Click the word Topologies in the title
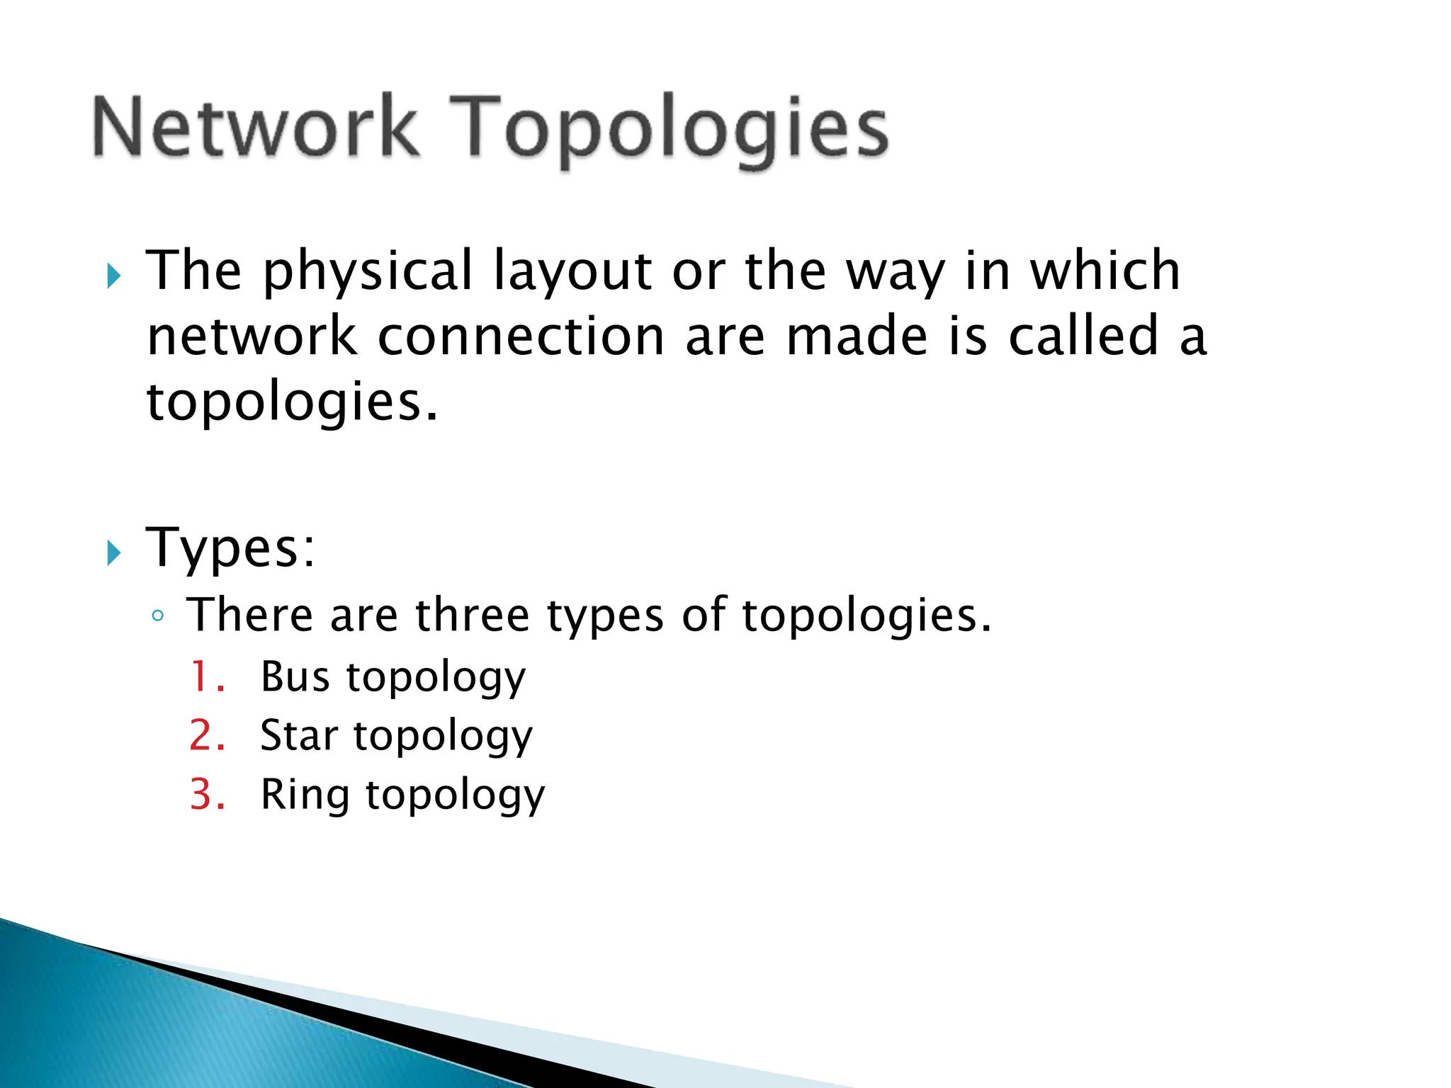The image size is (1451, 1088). pos(668,131)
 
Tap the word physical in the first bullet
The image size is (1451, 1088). pos(368,273)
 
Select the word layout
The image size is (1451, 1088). pos(572,273)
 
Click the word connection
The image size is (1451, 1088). pos(521,336)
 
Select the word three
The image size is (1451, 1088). pos(472,615)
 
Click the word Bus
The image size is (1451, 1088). pos(295,676)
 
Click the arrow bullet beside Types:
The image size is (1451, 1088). pos(114,552)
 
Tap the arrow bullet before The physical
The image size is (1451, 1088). pos(114,276)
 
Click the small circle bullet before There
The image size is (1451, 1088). pos(158,616)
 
